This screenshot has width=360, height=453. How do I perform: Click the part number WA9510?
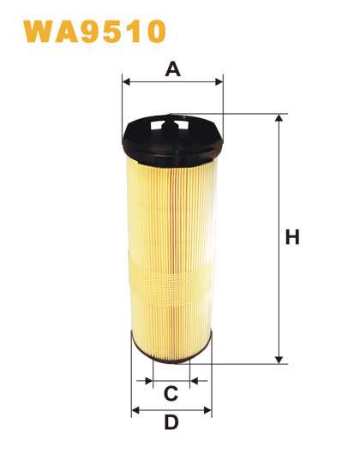coord(94,31)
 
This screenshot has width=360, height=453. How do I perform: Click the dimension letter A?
coord(172,69)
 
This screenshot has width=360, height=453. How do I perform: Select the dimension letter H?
coord(292,237)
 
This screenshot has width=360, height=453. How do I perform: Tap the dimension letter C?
coord(171,394)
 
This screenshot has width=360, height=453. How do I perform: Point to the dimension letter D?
coord(171,422)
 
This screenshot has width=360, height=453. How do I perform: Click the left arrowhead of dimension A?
coord(126,81)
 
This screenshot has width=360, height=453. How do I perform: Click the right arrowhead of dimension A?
coord(219,81)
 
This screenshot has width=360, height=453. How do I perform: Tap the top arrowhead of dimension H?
coord(279,117)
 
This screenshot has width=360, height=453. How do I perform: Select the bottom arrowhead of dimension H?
coord(279,360)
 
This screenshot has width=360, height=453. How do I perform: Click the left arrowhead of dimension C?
coord(149,381)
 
